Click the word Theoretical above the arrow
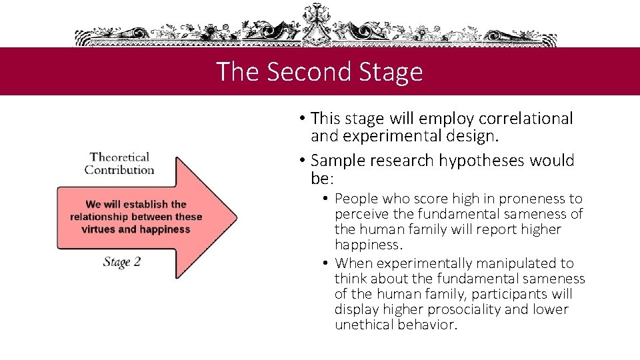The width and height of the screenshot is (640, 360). click(x=119, y=157)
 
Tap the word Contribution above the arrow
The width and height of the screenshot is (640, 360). click(x=119, y=169)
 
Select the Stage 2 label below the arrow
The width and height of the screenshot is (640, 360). click(x=122, y=261)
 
